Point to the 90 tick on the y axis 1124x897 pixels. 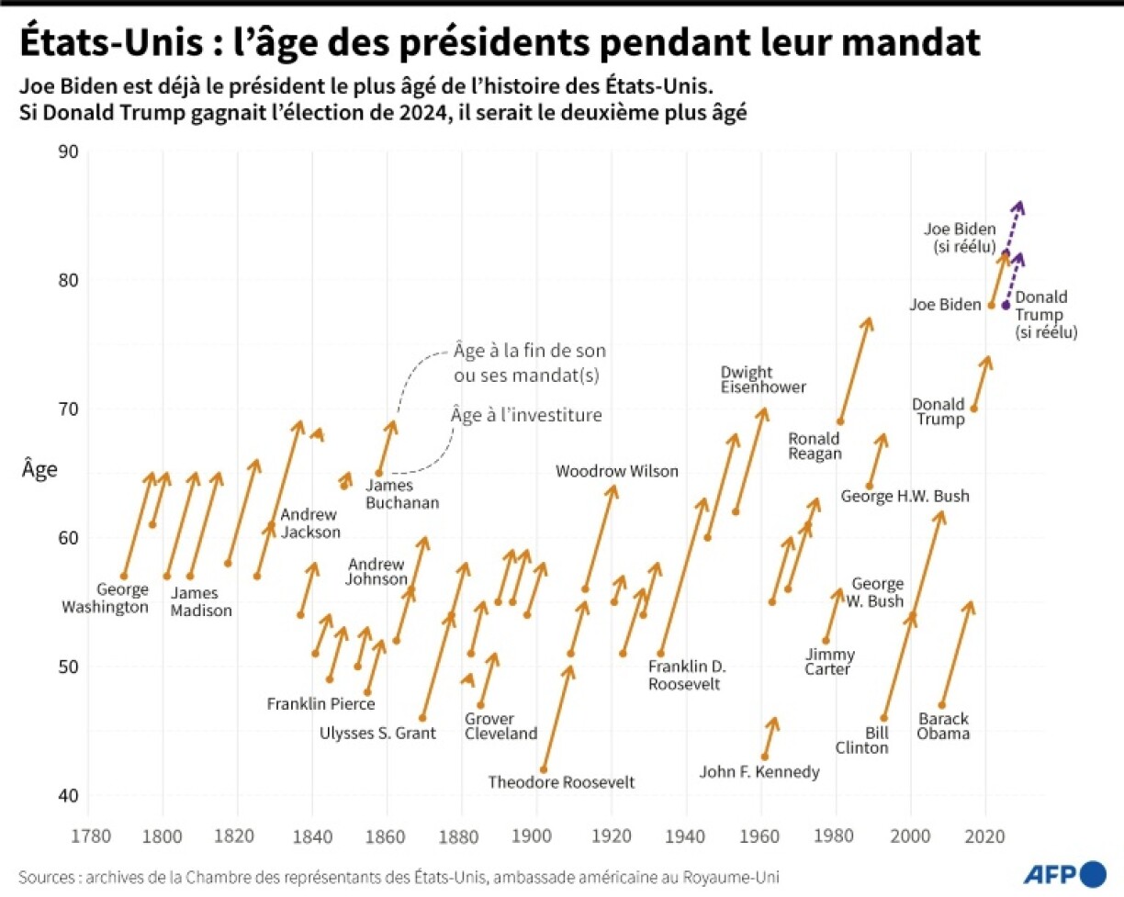pyautogui.click(x=69, y=151)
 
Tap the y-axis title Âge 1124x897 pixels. pyautogui.click(x=40, y=470)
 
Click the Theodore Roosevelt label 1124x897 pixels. pyautogui.click(x=561, y=782)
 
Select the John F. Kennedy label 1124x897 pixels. pyautogui.click(x=759, y=772)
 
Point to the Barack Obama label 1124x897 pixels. pyautogui.click(x=943, y=725)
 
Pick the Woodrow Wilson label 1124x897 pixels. pyautogui.click(x=617, y=471)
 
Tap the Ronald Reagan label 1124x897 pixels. pyautogui.click(x=815, y=444)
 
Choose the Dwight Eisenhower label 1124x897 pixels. pyautogui.click(x=763, y=379)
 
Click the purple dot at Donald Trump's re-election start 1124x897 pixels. pyautogui.click(x=1006, y=305)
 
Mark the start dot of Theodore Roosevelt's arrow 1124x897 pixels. pyautogui.click(x=544, y=769)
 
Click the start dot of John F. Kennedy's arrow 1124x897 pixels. pyautogui.click(x=765, y=757)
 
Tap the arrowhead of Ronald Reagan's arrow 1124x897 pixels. pyautogui.click(x=868, y=320)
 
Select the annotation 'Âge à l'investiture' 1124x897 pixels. pyautogui.click(x=525, y=415)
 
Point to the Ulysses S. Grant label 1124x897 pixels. pyautogui.click(x=377, y=732)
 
